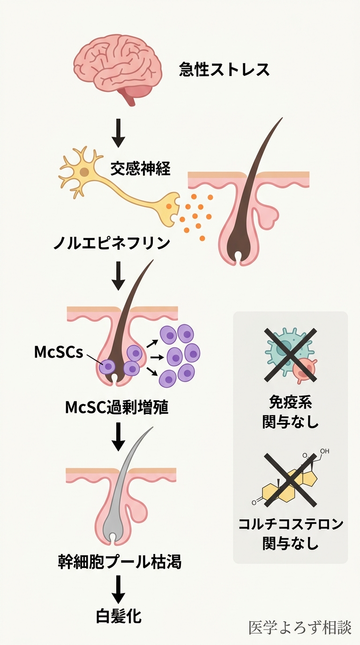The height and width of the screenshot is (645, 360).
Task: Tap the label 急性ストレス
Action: (225, 69)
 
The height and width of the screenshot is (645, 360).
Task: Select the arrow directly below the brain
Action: (119, 133)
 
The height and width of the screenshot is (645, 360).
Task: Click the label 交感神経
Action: (140, 168)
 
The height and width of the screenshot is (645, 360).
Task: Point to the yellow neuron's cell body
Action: (84, 172)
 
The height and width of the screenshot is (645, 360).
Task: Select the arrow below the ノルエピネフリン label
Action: (119, 276)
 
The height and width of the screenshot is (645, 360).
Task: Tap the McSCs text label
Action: (58, 352)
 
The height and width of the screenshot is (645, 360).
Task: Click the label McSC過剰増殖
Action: (117, 407)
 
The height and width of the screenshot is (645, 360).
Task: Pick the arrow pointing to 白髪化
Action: (119, 590)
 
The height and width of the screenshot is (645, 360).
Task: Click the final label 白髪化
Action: (119, 616)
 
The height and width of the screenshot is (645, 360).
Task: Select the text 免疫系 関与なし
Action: (291, 412)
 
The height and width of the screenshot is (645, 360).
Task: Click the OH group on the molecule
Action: (325, 451)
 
